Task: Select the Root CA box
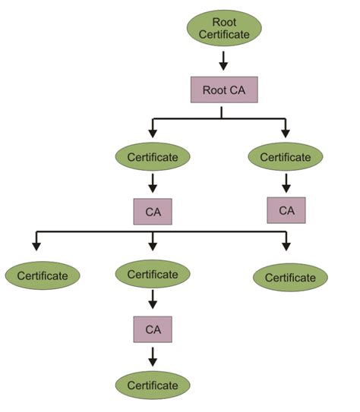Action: (x=224, y=89)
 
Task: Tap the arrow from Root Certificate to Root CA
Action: (x=224, y=60)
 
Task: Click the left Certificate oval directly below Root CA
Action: (x=153, y=157)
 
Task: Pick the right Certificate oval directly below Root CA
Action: (x=286, y=157)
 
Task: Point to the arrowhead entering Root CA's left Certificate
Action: (x=153, y=134)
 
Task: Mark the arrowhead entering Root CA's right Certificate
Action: (x=286, y=134)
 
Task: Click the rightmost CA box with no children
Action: (x=286, y=210)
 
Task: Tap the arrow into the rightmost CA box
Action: (x=286, y=183)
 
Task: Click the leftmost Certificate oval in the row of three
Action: (x=42, y=275)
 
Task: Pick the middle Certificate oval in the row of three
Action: (x=153, y=274)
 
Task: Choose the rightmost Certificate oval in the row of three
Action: (x=290, y=277)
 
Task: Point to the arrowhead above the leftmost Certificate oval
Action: (x=35, y=246)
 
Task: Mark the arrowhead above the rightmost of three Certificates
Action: (x=286, y=245)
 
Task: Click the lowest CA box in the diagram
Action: (x=153, y=330)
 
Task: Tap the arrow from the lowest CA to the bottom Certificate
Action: (x=153, y=357)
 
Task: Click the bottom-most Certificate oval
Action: (x=153, y=385)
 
